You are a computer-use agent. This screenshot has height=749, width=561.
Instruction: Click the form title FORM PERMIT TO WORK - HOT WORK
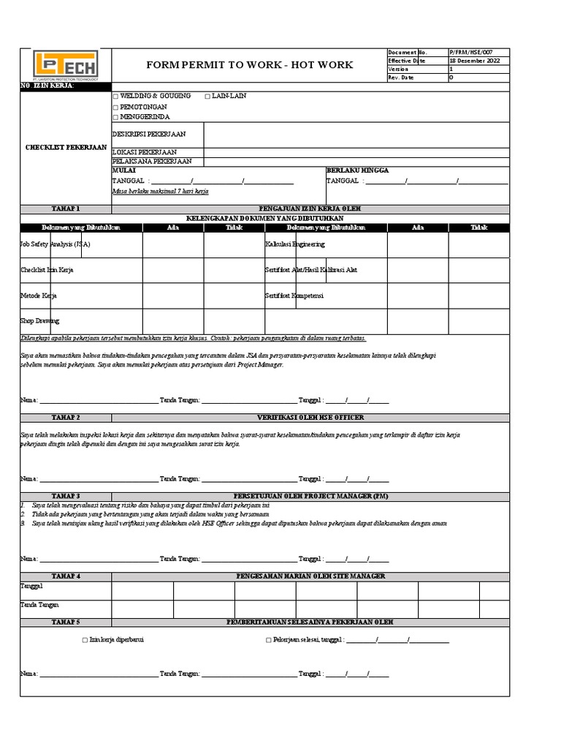[x=249, y=65]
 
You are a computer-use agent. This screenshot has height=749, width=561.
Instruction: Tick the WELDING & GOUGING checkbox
[x=115, y=97]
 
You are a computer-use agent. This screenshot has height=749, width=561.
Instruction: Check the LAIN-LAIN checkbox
[x=207, y=97]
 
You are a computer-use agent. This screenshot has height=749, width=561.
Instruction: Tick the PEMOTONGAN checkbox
[x=115, y=107]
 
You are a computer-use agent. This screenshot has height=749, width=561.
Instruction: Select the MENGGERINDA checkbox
[x=115, y=117]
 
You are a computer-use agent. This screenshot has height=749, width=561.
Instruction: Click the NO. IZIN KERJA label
[x=47, y=87]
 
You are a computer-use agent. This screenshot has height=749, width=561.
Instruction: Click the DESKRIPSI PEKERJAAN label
[x=149, y=135]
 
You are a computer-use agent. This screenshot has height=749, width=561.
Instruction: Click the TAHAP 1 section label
[x=66, y=208]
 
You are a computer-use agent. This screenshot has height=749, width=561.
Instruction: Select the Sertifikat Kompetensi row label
[x=294, y=296]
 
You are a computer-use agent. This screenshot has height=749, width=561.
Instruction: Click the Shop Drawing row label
[x=40, y=320]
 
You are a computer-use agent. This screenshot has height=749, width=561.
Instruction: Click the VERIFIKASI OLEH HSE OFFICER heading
[x=310, y=417]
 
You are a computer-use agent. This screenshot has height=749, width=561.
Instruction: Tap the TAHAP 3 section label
[x=66, y=496]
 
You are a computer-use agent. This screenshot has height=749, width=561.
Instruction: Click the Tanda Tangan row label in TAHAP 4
[x=40, y=605]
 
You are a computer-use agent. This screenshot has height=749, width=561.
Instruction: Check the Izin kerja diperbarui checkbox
[x=85, y=640]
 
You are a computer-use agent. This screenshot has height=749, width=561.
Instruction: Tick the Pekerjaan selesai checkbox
[x=269, y=640]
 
